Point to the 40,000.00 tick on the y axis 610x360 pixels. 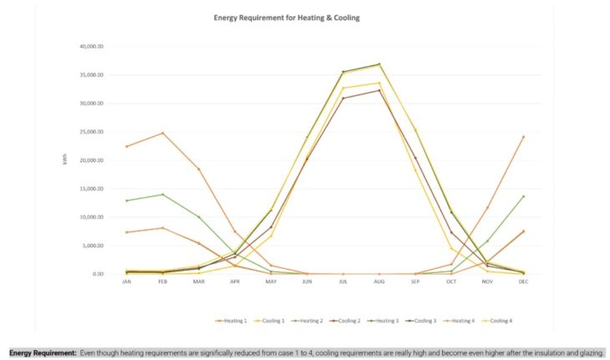click(90, 46)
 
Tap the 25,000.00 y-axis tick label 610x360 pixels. click(90, 132)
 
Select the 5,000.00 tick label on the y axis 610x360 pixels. click(92, 246)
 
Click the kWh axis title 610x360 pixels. click(65, 158)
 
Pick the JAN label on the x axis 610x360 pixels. click(127, 282)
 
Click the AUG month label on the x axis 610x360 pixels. click(379, 282)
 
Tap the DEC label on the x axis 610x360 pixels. click(523, 282)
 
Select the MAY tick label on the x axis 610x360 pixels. click(271, 282)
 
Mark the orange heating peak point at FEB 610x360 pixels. click(163, 133)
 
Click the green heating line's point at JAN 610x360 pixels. click(127, 200)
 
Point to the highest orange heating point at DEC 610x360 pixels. click(523, 136)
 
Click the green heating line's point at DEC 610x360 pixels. click(523, 196)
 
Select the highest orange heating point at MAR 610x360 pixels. click(199, 169)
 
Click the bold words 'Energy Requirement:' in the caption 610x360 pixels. click(43, 352)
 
